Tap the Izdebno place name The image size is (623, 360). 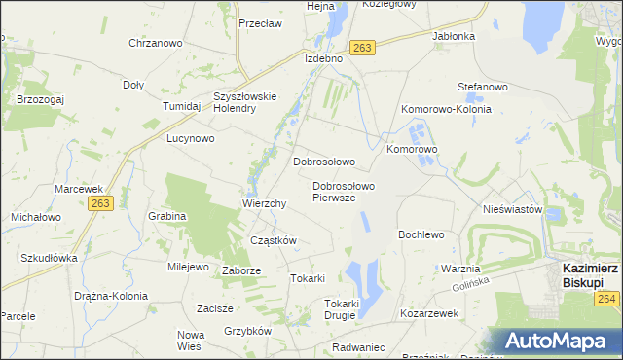pyautogui.click(x=323, y=58)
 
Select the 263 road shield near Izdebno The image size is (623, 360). pyautogui.click(x=363, y=48)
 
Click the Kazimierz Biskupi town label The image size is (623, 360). pyautogui.click(x=590, y=273)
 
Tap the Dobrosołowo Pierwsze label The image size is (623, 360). pyautogui.click(x=344, y=191)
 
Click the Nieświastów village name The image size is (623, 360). pyautogui.click(x=511, y=209)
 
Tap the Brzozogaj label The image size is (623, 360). pyautogui.click(x=40, y=98)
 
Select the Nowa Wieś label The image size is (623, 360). pyautogui.click(x=189, y=340)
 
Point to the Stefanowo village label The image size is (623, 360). pyautogui.click(x=483, y=87)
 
